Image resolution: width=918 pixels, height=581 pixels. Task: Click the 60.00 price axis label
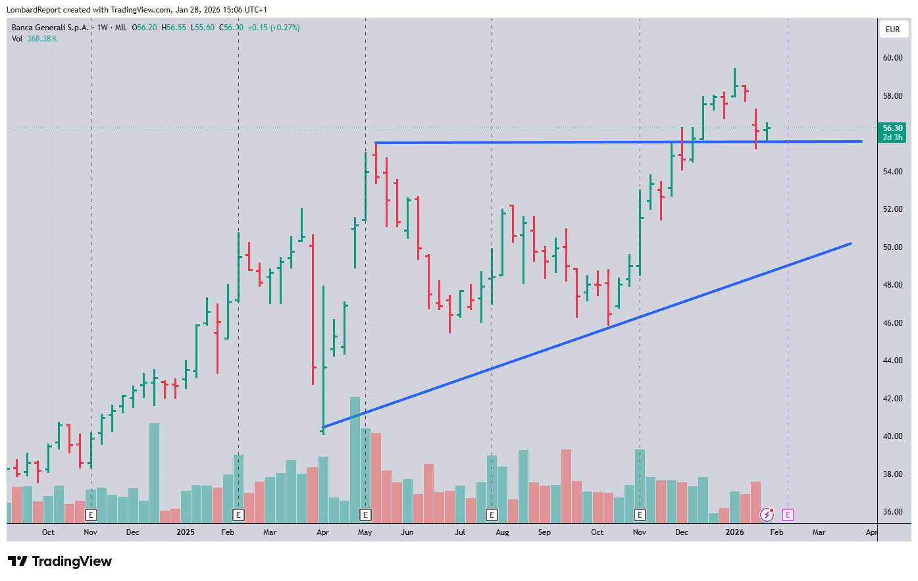tap(892, 58)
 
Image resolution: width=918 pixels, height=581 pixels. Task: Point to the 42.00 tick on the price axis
tap(892, 399)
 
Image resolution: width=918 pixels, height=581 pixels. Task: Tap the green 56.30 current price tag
tap(892, 129)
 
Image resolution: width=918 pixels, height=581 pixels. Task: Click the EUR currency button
tap(892, 30)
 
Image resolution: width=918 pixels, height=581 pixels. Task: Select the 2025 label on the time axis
tap(186, 532)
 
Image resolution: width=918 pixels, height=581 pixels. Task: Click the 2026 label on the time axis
tap(734, 532)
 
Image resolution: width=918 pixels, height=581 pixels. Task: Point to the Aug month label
tap(502, 532)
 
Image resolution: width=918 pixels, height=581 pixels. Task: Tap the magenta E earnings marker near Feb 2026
tap(788, 515)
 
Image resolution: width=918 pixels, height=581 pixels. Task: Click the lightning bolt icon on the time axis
tap(767, 515)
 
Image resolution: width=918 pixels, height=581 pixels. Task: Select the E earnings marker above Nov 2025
tap(640, 515)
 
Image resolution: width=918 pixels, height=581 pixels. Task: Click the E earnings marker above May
tap(365, 515)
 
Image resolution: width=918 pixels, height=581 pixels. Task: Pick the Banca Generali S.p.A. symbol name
tap(50, 28)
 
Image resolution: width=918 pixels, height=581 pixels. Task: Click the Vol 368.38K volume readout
tap(34, 39)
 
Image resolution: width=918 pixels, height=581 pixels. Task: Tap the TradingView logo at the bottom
tap(60, 561)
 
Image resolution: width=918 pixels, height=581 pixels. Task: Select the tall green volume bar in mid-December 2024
tap(154, 472)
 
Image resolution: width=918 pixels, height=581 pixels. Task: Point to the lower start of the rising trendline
tap(323, 427)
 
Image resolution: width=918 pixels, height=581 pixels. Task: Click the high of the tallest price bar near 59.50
tap(734, 68)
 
